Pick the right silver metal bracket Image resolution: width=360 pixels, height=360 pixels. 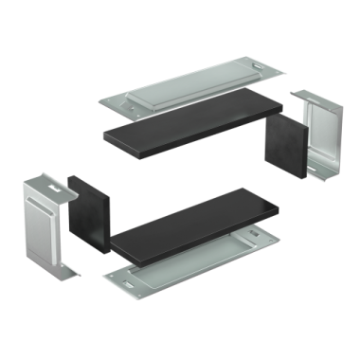pyautogui.click(x=319, y=137)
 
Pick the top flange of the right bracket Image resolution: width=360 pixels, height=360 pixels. pyautogui.click(x=309, y=98)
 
